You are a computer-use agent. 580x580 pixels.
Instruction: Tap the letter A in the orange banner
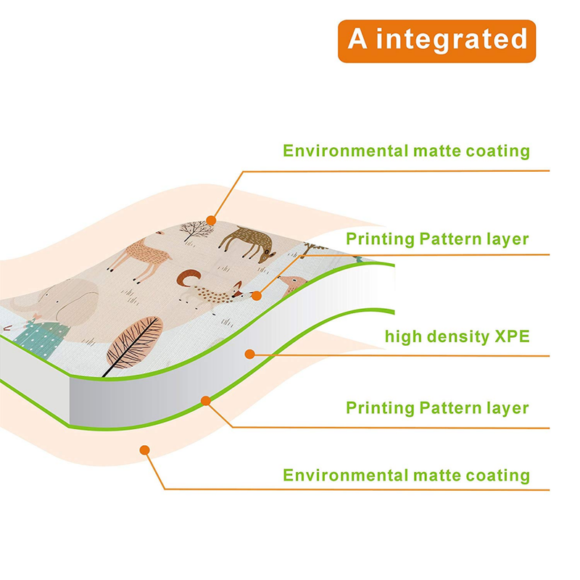(357, 39)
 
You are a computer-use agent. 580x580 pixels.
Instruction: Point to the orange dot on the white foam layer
(249, 354)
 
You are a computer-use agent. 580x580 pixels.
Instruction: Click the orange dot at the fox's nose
(256, 296)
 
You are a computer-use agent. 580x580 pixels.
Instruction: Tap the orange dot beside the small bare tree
(211, 219)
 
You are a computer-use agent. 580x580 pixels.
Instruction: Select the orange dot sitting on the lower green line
(206, 399)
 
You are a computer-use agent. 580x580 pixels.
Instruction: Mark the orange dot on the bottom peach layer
(144, 450)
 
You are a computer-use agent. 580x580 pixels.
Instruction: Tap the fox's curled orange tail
(189, 278)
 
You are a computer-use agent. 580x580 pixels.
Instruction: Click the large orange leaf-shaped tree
(134, 341)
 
